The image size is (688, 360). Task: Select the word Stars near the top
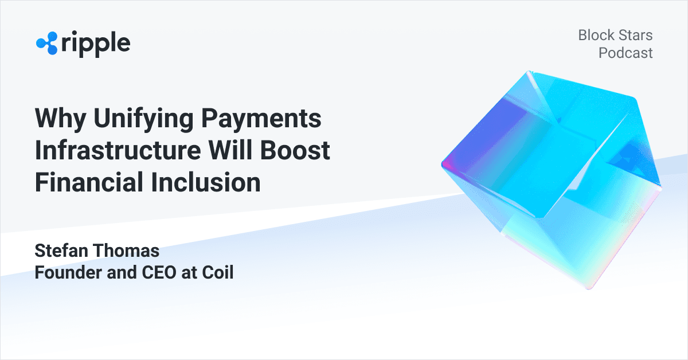pyautogui.click(x=635, y=36)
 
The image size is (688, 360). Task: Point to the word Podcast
pyautogui.click(x=626, y=53)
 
